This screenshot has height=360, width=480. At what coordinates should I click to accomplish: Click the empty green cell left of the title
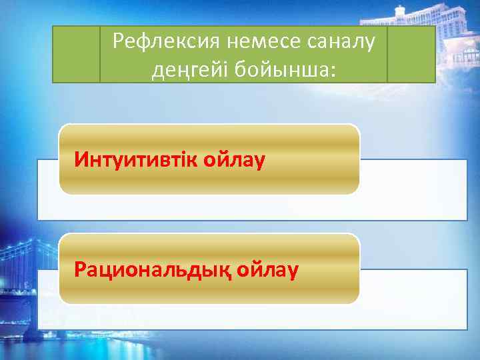click(x=76, y=54)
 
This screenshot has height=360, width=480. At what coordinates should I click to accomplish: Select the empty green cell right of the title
click(x=411, y=54)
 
